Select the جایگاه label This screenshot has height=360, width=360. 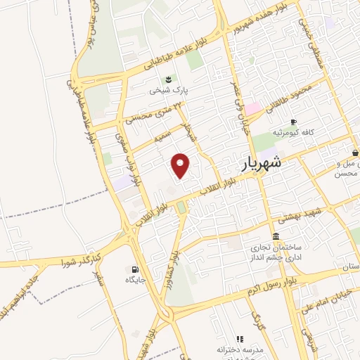tap(134, 281)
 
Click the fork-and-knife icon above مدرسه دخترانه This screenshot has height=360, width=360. tap(240, 339)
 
